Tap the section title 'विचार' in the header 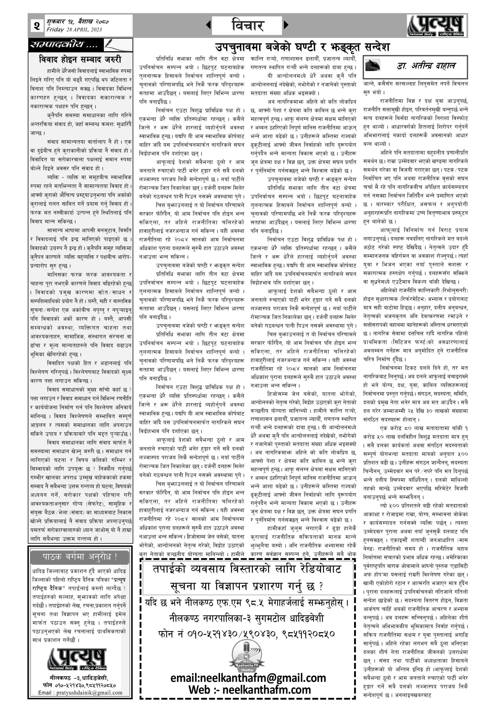coord(247,25)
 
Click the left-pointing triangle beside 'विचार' coord(208,25)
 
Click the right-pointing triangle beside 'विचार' coord(286,25)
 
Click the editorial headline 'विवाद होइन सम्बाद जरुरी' coord(80,59)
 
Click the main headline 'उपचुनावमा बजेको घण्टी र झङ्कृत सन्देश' coord(303,47)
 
